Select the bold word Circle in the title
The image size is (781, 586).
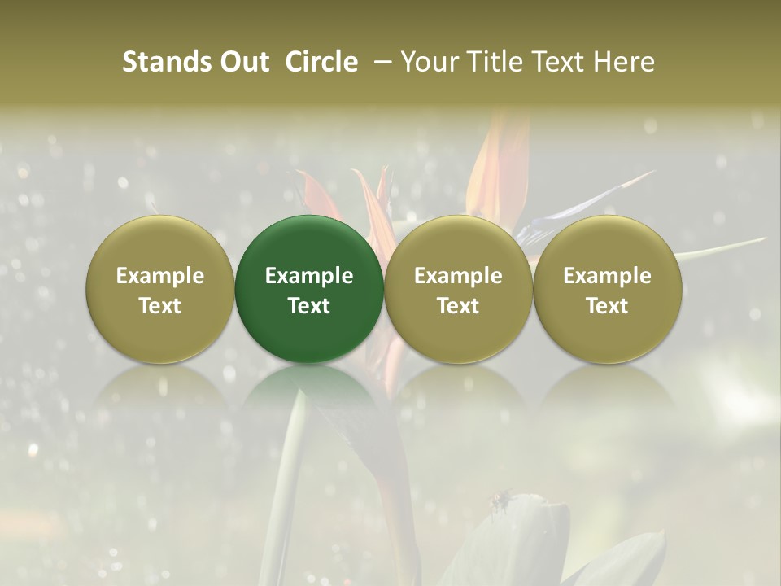321,62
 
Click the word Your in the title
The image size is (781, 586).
427,62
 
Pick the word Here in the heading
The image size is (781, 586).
625,62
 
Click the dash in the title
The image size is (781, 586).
378,63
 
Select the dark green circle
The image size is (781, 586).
309,289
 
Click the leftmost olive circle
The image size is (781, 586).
160,289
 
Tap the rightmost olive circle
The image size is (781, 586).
608,289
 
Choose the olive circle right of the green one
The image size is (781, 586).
458,289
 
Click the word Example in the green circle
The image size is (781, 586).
309,276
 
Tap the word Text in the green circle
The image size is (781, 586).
309,306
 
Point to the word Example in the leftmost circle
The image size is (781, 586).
160,276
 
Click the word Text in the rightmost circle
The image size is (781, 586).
608,306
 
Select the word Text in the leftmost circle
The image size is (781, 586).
160,306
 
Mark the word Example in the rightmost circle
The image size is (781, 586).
608,276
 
